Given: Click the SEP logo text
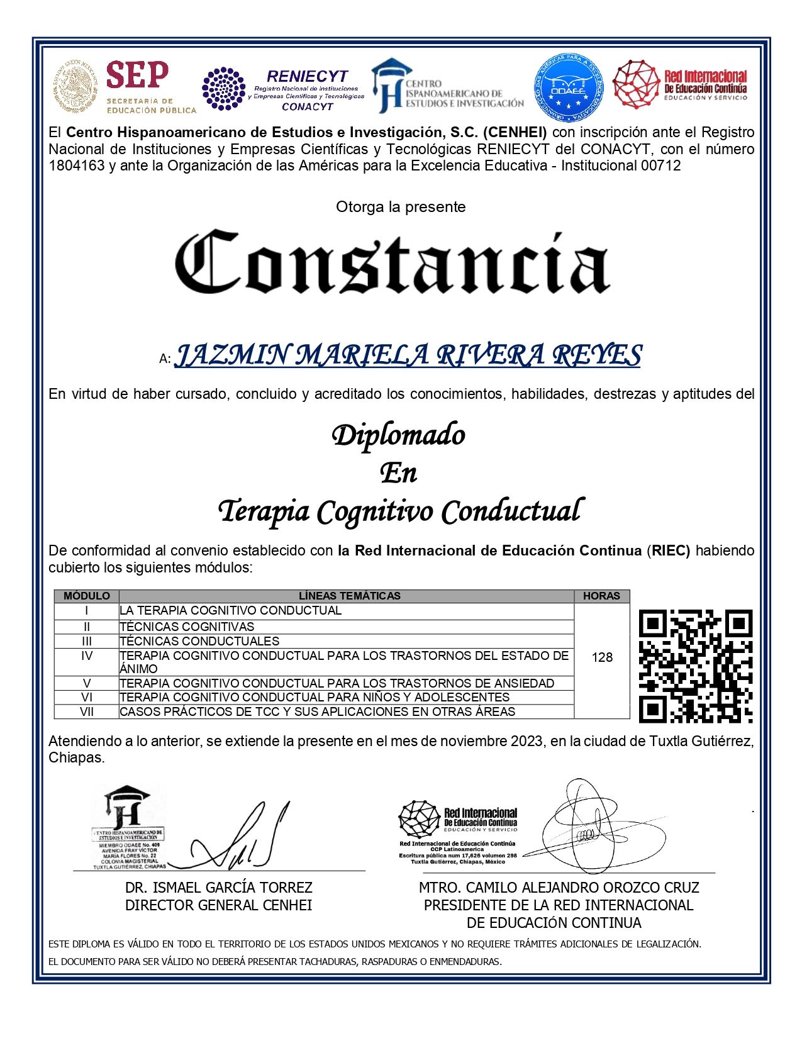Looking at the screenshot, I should pyautogui.click(x=137, y=75).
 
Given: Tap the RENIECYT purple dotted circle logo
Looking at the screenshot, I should pyautogui.click(x=223, y=89).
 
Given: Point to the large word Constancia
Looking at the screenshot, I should pyautogui.click(x=393, y=263).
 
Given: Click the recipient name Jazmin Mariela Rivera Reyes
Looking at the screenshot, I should pyautogui.click(x=408, y=355).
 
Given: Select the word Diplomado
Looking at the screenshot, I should pyautogui.click(x=398, y=435).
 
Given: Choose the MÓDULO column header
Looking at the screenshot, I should pyautogui.click(x=87, y=596).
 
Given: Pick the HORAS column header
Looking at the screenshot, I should pyautogui.click(x=601, y=596).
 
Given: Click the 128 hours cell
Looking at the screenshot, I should pyautogui.click(x=602, y=657).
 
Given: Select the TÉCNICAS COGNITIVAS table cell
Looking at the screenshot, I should pyautogui.click(x=187, y=627).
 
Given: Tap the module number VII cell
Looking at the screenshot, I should pyautogui.click(x=87, y=712).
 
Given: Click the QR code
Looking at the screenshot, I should pyautogui.click(x=695, y=666).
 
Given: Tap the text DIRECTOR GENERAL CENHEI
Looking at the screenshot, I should pyautogui.click(x=218, y=905).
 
